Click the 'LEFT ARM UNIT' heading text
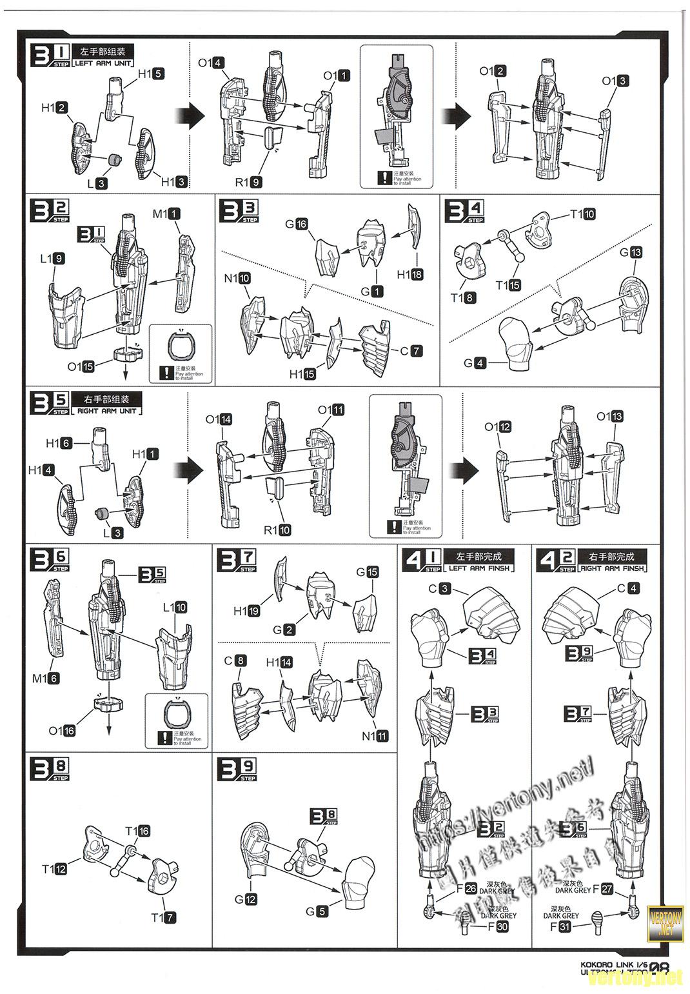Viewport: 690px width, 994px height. (105, 63)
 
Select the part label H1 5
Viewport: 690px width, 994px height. (151, 74)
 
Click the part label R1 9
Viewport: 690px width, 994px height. (248, 182)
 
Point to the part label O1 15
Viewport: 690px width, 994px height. (81, 366)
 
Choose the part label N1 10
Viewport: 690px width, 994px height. (237, 279)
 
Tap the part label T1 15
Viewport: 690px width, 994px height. (508, 285)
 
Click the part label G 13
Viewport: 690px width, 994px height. (631, 252)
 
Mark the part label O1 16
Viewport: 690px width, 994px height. (62, 730)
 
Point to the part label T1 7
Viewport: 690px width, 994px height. (163, 917)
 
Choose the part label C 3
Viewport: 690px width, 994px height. (439, 588)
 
